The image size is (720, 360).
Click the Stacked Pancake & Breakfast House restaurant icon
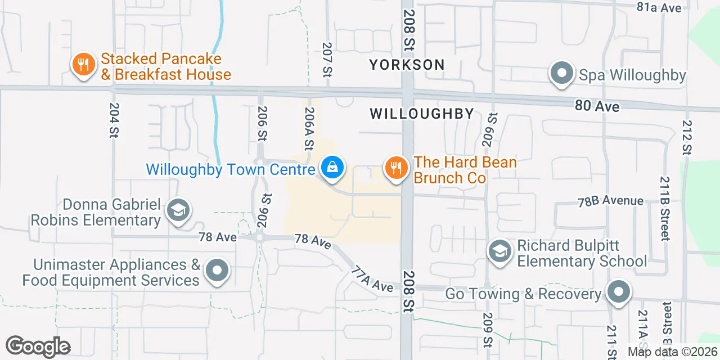(84, 65)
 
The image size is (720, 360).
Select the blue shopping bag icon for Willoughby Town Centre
(332, 168)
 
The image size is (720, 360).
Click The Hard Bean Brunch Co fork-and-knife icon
(397, 168)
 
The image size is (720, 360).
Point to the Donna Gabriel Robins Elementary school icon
(179, 211)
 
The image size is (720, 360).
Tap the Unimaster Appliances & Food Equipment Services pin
(217, 272)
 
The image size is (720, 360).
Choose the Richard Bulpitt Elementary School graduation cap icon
(499, 251)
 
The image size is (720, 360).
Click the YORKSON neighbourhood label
(407, 65)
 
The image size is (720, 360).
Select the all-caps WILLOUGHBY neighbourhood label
(422, 114)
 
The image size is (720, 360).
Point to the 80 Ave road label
(597, 106)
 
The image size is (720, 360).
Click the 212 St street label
(687, 137)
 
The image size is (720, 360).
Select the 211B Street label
(665, 208)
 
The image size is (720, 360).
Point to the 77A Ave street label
(371, 280)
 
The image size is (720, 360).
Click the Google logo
(38, 346)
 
